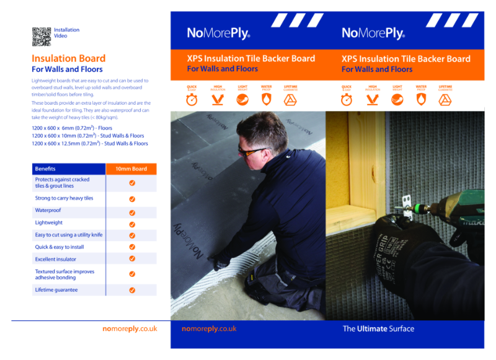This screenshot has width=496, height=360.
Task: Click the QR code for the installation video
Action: (x=41, y=37)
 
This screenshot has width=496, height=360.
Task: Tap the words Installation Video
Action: (x=66, y=33)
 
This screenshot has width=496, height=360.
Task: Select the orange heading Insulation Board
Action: (x=68, y=59)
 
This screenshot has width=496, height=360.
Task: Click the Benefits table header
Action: (x=45, y=169)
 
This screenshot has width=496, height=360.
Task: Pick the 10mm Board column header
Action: (x=131, y=169)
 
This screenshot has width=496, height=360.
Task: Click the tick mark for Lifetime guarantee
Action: (x=132, y=290)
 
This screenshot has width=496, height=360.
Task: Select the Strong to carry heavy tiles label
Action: (x=64, y=198)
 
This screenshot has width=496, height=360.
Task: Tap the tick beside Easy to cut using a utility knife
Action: (x=132, y=235)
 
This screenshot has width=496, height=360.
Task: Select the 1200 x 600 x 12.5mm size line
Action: (x=90, y=143)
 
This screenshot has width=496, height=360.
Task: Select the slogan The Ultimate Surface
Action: (x=378, y=328)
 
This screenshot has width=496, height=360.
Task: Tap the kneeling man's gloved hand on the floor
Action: (x=221, y=263)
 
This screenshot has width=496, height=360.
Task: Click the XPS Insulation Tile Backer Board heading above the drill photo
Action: (x=405, y=59)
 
